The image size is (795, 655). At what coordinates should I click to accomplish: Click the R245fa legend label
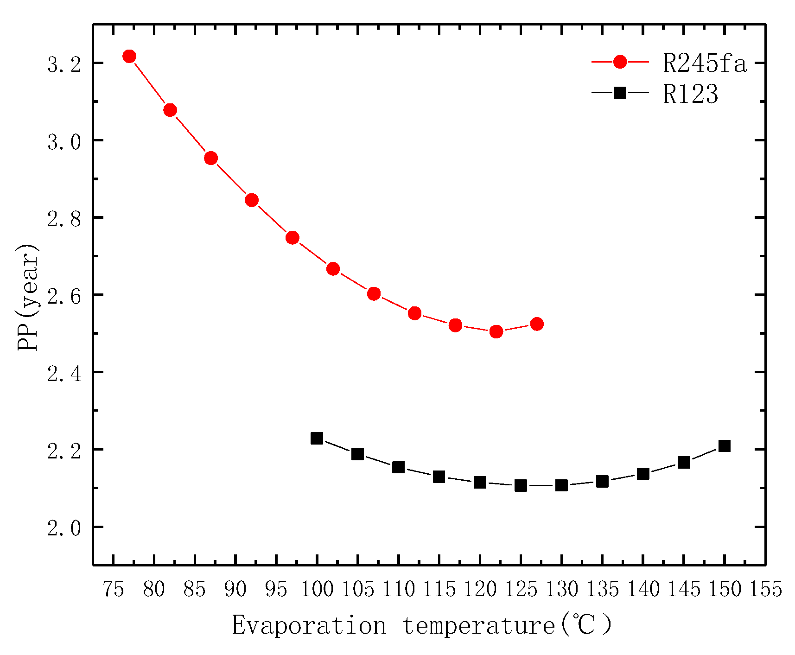pyautogui.click(x=705, y=63)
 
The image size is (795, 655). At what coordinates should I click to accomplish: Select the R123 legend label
pyautogui.click(x=690, y=94)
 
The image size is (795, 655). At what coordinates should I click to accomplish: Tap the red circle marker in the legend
pyautogui.click(x=620, y=62)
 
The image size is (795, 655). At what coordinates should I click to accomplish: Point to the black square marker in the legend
pyautogui.click(x=620, y=94)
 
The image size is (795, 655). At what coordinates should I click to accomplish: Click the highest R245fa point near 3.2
pyautogui.click(x=129, y=57)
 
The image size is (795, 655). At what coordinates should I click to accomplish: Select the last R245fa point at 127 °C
pyautogui.click(x=537, y=324)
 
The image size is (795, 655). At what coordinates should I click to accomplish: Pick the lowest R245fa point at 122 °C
pyautogui.click(x=496, y=331)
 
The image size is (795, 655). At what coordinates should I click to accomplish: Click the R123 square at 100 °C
pyautogui.click(x=317, y=438)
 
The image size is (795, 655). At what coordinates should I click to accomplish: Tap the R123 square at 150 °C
pyautogui.click(x=725, y=446)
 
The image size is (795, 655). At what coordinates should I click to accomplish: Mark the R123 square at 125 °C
pyautogui.click(x=521, y=486)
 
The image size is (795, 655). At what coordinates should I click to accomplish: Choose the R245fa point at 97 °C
pyautogui.click(x=293, y=238)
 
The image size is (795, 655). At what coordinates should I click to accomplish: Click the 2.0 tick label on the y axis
pyautogui.click(x=64, y=528)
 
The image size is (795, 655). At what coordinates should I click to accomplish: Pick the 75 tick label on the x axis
pyautogui.click(x=113, y=590)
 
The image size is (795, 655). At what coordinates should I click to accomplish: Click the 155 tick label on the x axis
pyautogui.click(x=766, y=590)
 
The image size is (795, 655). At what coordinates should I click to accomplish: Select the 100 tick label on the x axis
pyautogui.click(x=317, y=590)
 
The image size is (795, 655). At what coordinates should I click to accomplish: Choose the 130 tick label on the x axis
pyautogui.click(x=562, y=590)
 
